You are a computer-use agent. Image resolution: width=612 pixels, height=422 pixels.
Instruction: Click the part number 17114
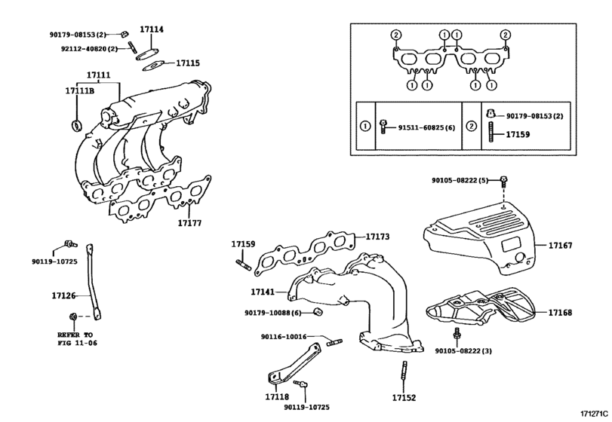pos(152,29)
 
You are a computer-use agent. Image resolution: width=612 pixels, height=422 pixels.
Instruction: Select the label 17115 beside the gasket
pos(188,63)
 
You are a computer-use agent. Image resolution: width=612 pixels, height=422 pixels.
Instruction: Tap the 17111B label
pos(80,90)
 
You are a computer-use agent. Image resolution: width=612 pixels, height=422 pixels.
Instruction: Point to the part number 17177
pos(189,223)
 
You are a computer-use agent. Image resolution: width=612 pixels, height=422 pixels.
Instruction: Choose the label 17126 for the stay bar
pos(63,295)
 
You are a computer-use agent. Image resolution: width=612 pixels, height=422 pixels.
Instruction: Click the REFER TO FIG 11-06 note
pos(77,339)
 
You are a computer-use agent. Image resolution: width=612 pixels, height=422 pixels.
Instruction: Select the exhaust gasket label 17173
pos(377,237)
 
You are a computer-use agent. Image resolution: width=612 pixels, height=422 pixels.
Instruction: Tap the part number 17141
pos(263,292)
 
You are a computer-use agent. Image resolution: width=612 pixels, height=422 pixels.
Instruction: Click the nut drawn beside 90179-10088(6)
pos(318,311)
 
